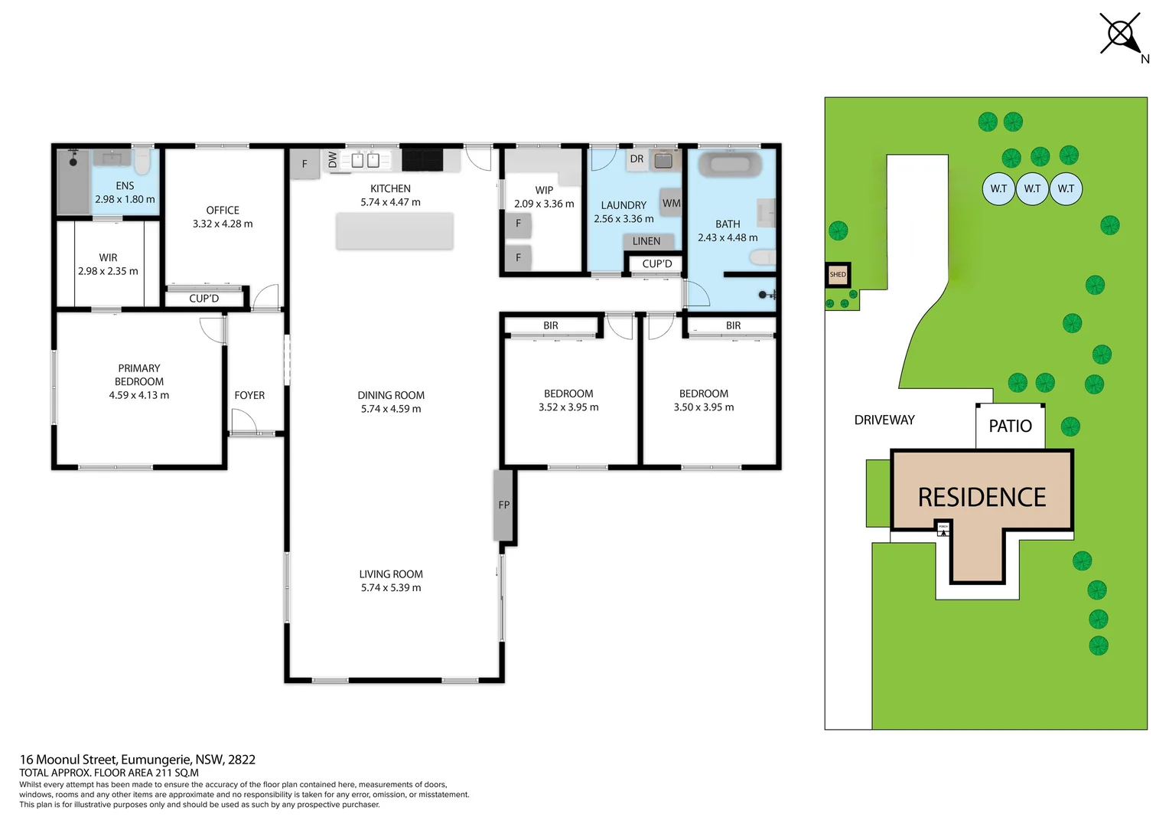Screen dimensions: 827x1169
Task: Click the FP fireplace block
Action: pyautogui.click(x=503, y=505)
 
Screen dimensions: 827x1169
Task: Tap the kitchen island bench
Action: pyautogui.click(x=394, y=231)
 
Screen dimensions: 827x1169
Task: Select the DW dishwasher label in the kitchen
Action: pyautogui.click(x=333, y=160)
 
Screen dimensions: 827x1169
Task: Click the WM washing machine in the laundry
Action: pyautogui.click(x=671, y=203)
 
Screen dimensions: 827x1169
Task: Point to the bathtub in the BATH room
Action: pyautogui.click(x=730, y=165)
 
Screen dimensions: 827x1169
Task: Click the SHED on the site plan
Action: pyautogui.click(x=838, y=274)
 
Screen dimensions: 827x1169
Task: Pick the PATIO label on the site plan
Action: pyautogui.click(x=1010, y=427)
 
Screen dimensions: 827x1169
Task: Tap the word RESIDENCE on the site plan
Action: pyautogui.click(x=982, y=498)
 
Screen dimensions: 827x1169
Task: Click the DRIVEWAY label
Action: pyautogui.click(x=884, y=420)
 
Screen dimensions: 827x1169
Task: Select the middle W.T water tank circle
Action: pyautogui.click(x=1032, y=188)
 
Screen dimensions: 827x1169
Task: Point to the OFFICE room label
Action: pyautogui.click(x=223, y=210)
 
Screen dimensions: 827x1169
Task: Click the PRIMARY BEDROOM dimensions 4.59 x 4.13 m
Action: pyautogui.click(x=139, y=395)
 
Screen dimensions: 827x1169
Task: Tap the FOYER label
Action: pyautogui.click(x=249, y=395)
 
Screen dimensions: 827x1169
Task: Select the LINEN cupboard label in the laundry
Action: pyautogui.click(x=646, y=241)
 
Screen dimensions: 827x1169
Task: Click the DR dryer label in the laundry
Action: pyautogui.click(x=637, y=159)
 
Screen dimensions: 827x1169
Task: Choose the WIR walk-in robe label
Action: pyautogui.click(x=108, y=257)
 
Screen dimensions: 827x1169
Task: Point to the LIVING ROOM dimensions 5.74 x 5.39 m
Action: pyautogui.click(x=391, y=588)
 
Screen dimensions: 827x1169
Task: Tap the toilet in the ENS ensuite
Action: pyautogui.click(x=142, y=162)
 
